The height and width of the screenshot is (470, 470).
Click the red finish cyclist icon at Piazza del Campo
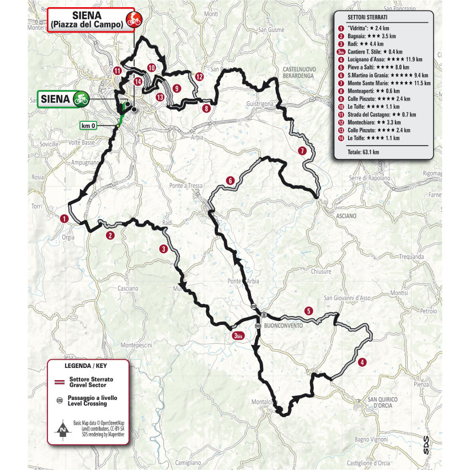click(x=133, y=19)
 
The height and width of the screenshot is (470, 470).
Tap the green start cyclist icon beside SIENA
click(x=81, y=99)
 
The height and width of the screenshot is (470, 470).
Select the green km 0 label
click(x=89, y=125)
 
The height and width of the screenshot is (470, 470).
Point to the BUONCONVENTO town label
click(x=284, y=325)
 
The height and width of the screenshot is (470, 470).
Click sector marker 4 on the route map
click(x=362, y=362)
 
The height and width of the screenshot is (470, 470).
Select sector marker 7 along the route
click(x=302, y=151)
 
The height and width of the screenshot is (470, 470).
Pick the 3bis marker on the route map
click(x=238, y=336)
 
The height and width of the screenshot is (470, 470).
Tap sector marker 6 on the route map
click(x=230, y=180)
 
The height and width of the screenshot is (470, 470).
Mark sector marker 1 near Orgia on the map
click(x=65, y=218)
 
